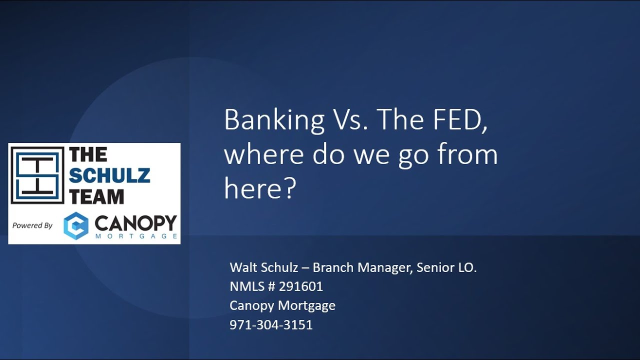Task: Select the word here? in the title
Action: tap(260, 189)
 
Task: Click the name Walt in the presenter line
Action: tap(243, 267)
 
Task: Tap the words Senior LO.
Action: tap(447, 267)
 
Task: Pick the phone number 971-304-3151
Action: tap(271, 325)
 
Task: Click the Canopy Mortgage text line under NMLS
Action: tap(282, 305)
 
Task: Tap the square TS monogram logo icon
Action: tap(37, 175)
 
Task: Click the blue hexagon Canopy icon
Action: tap(76, 225)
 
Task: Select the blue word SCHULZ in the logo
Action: tap(109, 175)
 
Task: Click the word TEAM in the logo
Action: tap(96, 196)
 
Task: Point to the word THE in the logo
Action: tap(88, 155)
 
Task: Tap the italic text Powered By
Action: tap(32, 225)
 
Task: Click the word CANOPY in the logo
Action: tap(135, 222)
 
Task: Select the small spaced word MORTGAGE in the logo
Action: tap(135, 236)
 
